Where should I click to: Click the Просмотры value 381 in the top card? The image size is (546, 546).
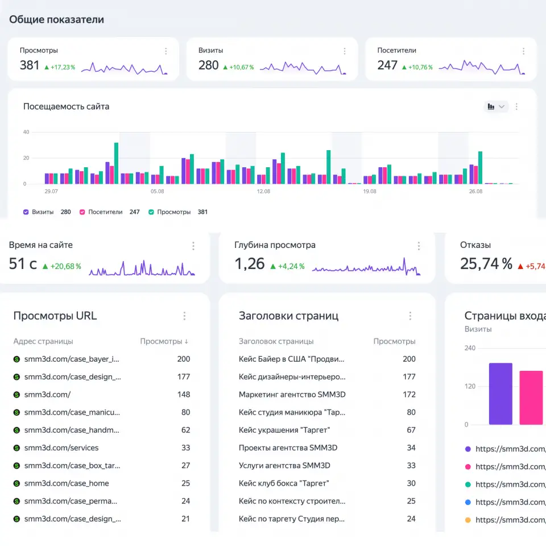(x=30, y=65)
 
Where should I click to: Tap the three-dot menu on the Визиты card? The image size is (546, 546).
(x=345, y=51)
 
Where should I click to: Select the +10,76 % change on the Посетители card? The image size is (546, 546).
(x=420, y=67)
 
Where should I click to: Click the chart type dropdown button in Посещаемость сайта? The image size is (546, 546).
(x=496, y=106)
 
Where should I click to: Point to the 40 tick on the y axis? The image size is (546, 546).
(x=26, y=132)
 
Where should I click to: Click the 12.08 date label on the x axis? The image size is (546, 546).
(x=263, y=191)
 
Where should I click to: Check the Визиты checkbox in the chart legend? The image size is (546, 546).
(x=26, y=212)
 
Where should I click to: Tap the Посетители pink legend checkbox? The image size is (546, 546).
(x=82, y=212)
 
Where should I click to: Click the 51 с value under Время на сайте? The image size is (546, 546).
(x=23, y=263)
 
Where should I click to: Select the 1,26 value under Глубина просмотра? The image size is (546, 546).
(x=250, y=263)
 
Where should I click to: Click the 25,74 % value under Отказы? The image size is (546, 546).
(x=486, y=263)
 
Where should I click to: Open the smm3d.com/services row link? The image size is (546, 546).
(x=61, y=448)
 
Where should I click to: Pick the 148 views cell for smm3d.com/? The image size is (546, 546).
(x=184, y=395)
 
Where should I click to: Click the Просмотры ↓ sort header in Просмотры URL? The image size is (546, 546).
(x=164, y=341)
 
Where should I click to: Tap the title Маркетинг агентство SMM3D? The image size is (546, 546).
(x=292, y=395)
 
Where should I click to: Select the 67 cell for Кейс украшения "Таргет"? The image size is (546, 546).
(x=411, y=430)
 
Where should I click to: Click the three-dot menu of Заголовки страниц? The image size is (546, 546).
(x=410, y=316)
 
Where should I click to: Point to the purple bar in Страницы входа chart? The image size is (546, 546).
(x=500, y=394)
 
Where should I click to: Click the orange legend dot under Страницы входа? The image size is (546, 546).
(x=468, y=520)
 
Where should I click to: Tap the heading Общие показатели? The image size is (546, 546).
(x=56, y=19)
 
